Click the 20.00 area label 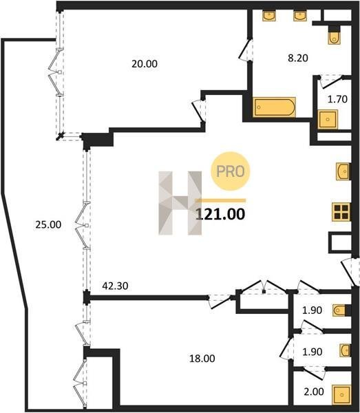tap(145, 64)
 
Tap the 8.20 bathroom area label tap(298, 58)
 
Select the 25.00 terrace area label tap(48, 224)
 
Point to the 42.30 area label tap(115, 286)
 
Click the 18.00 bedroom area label tap(202, 359)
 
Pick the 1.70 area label tap(337, 99)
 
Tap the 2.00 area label tap(314, 392)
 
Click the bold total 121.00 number tap(220, 214)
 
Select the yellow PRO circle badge tap(230, 171)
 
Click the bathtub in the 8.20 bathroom tap(274, 107)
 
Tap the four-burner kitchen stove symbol tap(341, 212)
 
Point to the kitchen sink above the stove tap(343, 171)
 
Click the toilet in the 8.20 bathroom tap(335, 36)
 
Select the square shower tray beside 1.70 tap(328, 119)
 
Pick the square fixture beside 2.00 tap(341, 394)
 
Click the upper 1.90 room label tap(312, 310)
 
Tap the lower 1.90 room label tap(313, 352)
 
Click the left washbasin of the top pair tap(269, 15)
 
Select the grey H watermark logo tap(180, 203)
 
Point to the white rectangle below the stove tap(340, 242)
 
